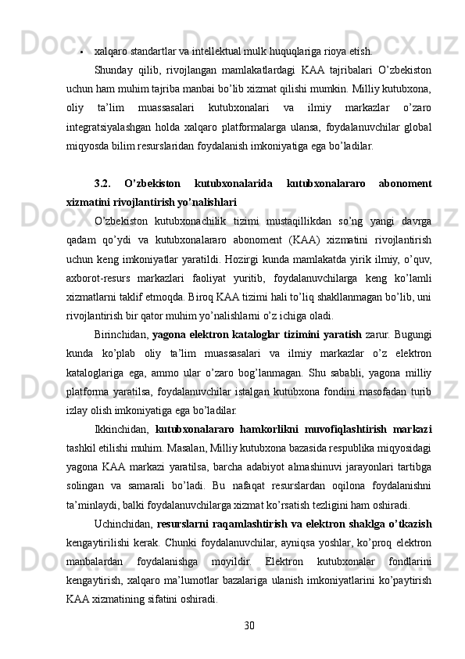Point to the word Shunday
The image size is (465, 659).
(114, 70)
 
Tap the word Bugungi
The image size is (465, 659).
(412, 336)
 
